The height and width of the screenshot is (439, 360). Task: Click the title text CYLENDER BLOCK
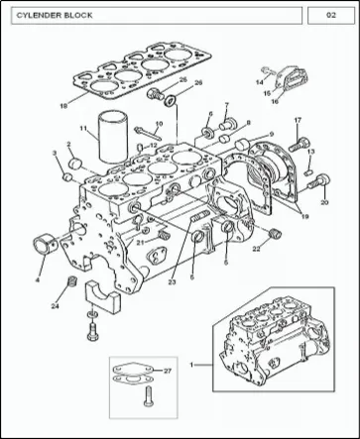point(55,15)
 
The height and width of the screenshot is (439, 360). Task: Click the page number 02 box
point(331,15)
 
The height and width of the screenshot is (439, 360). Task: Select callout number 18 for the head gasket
point(63,106)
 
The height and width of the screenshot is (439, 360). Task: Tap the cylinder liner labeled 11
point(113,137)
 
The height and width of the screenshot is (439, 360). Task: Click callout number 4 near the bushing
point(38,280)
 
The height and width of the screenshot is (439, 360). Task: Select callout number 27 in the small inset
point(168,371)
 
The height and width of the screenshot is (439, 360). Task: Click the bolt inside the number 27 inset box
point(148,396)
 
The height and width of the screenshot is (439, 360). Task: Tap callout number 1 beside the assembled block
point(191,365)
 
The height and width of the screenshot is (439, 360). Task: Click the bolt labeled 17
point(300,145)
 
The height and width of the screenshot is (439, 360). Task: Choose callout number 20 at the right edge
point(324,202)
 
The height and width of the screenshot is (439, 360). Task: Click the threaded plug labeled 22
point(275,233)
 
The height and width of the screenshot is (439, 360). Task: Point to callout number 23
point(172,281)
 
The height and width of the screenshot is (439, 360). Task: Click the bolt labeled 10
point(148,133)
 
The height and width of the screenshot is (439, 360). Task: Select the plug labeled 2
point(76,163)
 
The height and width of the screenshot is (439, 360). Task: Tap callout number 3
point(55,153)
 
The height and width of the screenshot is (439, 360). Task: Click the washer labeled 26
point(171,100)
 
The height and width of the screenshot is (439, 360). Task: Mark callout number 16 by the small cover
point(275,101)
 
